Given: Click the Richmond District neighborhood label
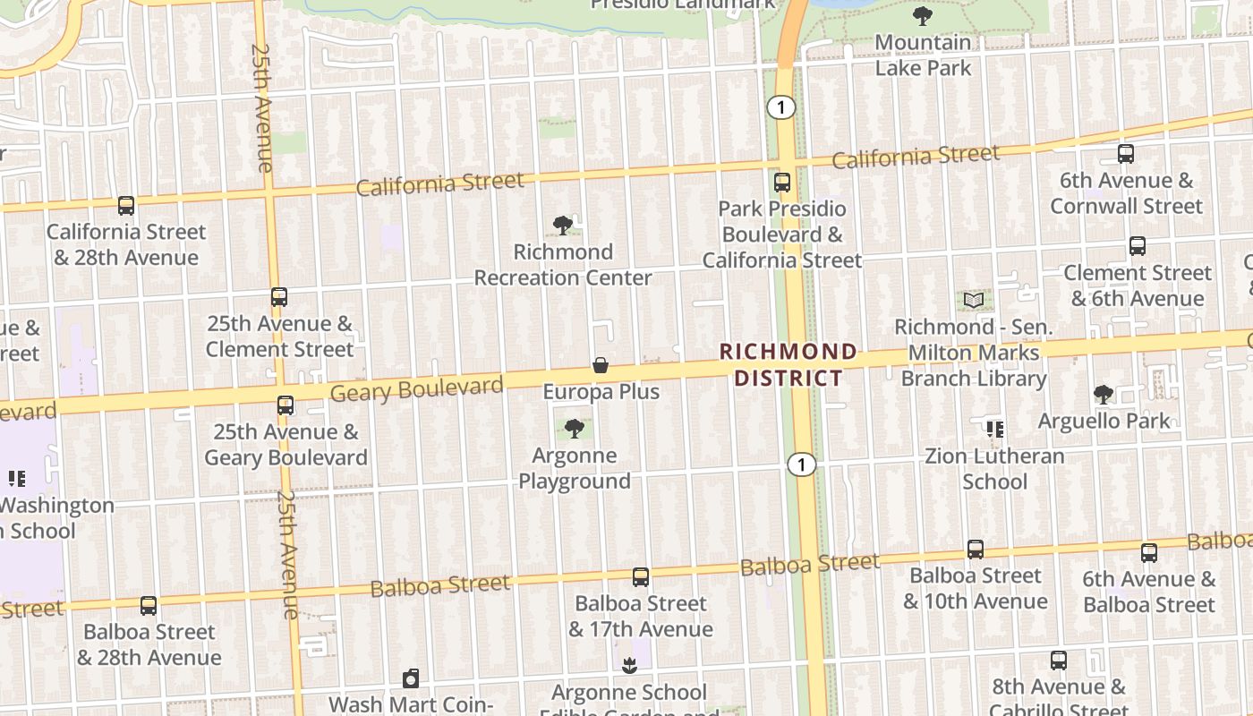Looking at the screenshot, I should [788, 364].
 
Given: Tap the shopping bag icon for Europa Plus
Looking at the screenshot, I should [601, 366].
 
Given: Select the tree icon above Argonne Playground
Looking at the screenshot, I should [575, 429].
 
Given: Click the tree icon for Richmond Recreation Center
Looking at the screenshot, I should [563, 226].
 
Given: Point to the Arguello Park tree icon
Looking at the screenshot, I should [1104, 395].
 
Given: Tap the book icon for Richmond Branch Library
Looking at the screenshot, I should [974, 301].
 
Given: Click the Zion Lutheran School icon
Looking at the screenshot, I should [994, 430].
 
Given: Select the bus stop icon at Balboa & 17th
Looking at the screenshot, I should [641, 577].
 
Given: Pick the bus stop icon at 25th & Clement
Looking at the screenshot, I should [279, 297].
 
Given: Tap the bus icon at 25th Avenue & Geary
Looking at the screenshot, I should [286, 405].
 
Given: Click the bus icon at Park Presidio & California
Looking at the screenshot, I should [782, 183].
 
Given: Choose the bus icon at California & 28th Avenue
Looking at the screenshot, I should [126, 206].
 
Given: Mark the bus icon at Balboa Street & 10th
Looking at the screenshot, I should [976, 550].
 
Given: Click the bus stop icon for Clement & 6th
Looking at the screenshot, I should [1138, 246].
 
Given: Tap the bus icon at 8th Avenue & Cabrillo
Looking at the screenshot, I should [1059, 661].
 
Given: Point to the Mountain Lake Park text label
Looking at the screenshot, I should [923, 55].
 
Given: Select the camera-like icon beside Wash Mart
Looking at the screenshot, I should [411, 678].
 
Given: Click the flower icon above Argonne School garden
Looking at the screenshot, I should [630, 666].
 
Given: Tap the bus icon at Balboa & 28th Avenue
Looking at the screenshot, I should [149, 606].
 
